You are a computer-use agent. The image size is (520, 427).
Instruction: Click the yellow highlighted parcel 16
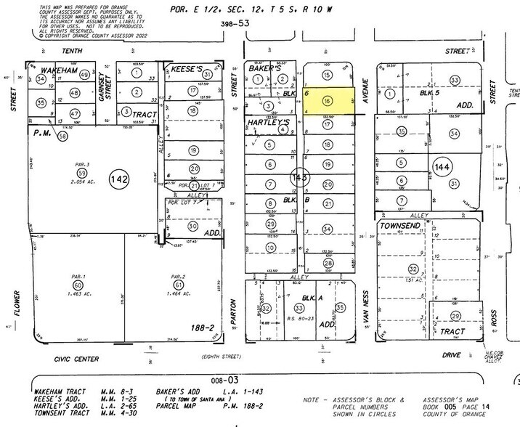click(x=328, y=101)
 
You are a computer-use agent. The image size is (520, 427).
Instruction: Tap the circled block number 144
click(x=441, y=168)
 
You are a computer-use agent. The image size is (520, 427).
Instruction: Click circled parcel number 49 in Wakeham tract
click(x=84, y=76)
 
